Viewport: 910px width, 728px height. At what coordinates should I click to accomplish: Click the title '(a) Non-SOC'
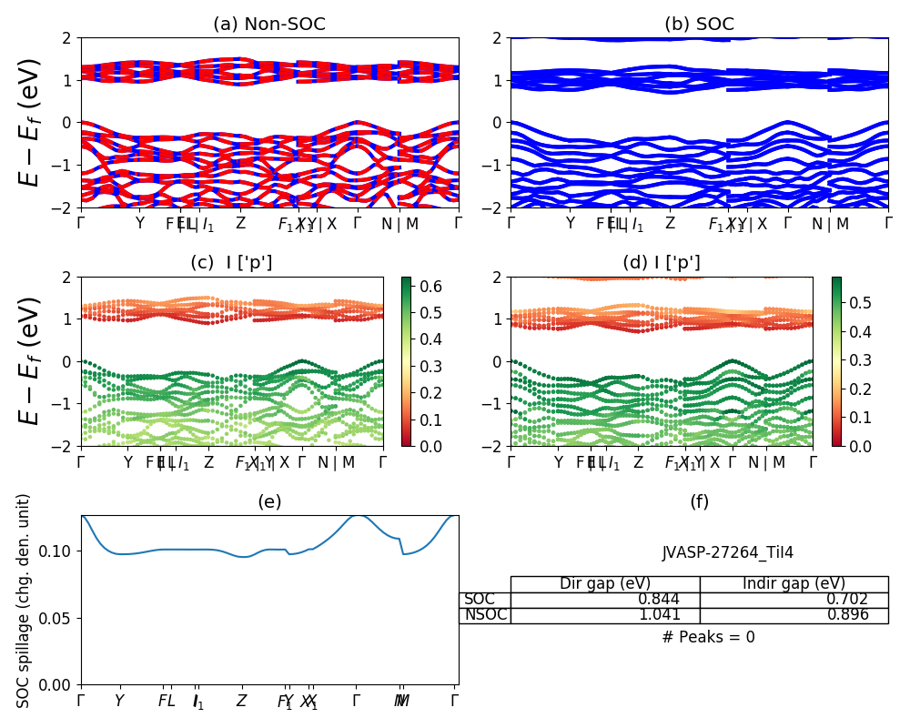pyautogui.click(x=269, y=25)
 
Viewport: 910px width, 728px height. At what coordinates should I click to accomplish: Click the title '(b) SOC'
pyautogui.click(x=699, y=25)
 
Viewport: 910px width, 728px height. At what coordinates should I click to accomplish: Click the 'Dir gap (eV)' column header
pyautogui.click(x=605, y=584)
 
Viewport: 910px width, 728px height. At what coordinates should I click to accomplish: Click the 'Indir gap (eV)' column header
pyautogui.click(x=794, y=584)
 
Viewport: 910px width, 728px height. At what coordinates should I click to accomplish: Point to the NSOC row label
pyautogui.click(x=484, y=615)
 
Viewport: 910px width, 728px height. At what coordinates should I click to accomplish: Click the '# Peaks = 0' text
pyautogui.click(x=708, y=637)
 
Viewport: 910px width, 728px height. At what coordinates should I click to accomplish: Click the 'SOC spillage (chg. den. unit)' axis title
pyautogui.click(x=25, y=601)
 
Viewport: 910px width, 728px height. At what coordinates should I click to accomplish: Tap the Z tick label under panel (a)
pyautogui.click(x=240, y=223)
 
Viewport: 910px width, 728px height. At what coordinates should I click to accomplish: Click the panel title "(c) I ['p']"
pyautogui.click(x=231, y=263)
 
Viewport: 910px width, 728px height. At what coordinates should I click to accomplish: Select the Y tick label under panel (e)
pyautogui.click(x=119, y=701)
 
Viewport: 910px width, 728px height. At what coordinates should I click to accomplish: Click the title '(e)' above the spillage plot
pyautogui.click(x=269, y=501)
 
